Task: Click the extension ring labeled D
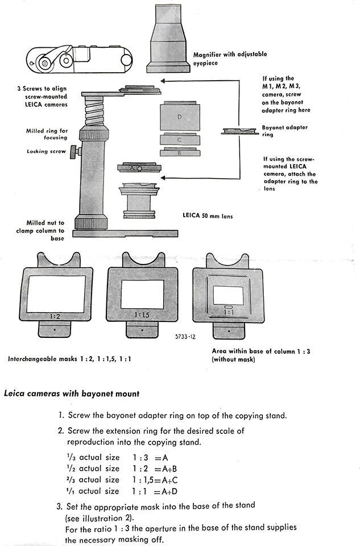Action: coord(179,117)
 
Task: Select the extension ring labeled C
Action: coord(179,139)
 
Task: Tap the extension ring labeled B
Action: coord(179,152)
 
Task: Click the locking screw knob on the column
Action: coord(73,152)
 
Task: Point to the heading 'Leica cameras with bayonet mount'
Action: coord(72,394)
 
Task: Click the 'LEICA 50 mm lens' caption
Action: coord(207,216)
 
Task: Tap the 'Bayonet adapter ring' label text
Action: coord(284,131)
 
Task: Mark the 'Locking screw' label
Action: coord(46,151)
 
